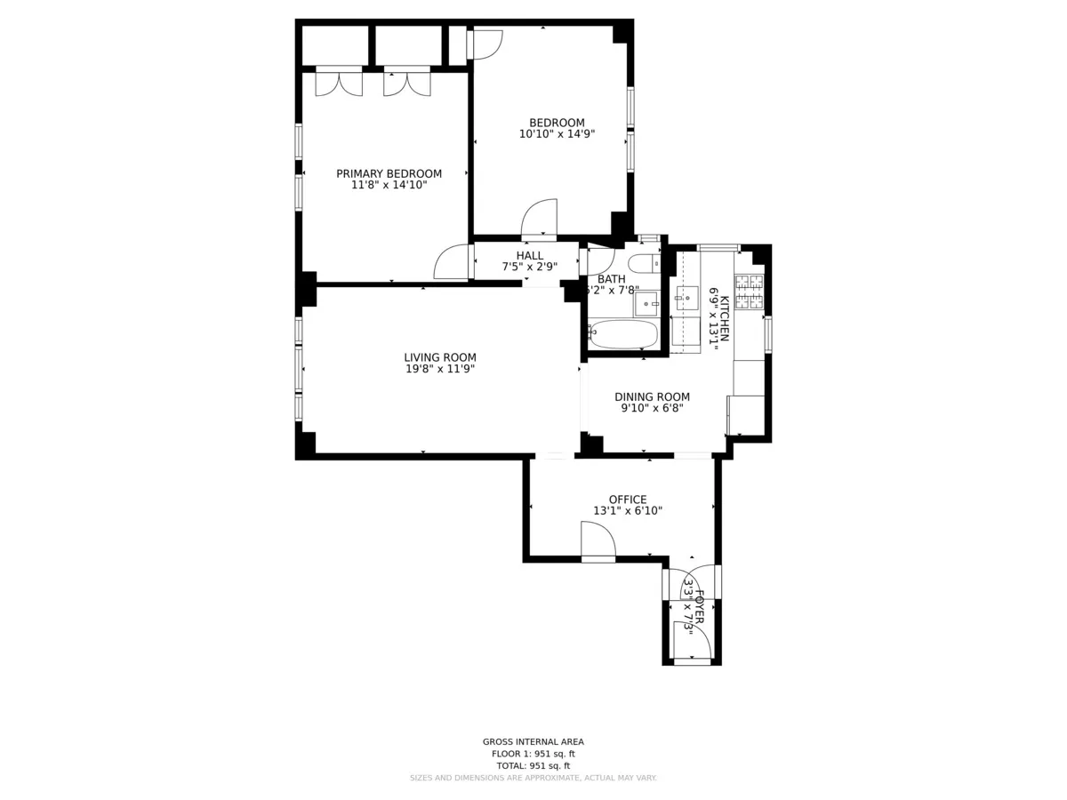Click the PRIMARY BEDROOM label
389,173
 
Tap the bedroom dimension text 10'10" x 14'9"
557,134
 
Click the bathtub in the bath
623,335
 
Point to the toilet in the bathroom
643,263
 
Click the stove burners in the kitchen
749,292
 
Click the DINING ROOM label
652,397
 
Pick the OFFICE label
628,500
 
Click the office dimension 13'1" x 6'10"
628,511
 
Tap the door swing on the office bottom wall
597,541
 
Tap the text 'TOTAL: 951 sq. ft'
533,765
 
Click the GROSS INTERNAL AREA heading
533,741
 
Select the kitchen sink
686,299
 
